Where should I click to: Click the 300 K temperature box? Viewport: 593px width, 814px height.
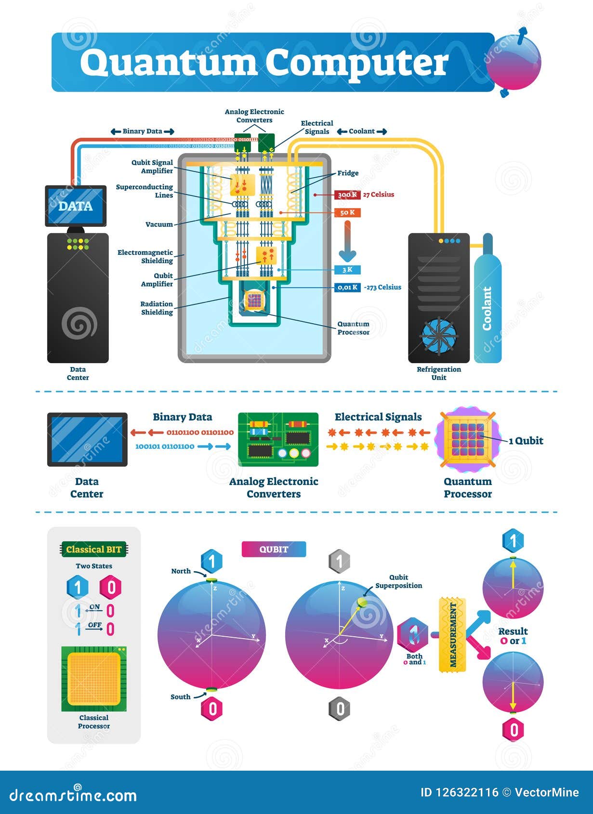pos(347,195)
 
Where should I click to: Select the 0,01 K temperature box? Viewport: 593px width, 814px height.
pos(347,287)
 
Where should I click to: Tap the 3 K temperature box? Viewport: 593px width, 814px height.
pos(347,270)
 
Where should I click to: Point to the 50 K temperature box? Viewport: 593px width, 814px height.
pos(347,212)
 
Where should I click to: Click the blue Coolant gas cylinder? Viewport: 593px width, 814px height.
pos(488,308)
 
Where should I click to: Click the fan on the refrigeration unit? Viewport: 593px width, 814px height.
pos(438,335)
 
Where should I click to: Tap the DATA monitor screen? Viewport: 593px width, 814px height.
pos(76,206)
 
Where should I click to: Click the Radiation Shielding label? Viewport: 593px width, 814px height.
pos(157,308)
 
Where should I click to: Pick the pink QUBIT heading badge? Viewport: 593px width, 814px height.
pos(274,549)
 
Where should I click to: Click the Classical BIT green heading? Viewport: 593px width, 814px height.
pos(94,549)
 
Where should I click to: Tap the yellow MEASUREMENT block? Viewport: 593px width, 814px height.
pos(452,634)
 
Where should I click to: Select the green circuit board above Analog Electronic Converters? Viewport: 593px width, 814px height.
pos(278,439)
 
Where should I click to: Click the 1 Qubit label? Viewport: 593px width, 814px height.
pos(526,440)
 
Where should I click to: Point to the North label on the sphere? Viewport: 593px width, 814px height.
pos(181,571)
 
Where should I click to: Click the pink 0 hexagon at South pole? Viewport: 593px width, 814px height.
pos(212,709)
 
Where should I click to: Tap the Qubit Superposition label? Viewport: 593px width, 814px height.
pos(398,581)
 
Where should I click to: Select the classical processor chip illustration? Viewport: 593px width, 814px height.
pos(94,679)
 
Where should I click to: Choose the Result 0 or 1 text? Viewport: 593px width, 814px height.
pos(513,636)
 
